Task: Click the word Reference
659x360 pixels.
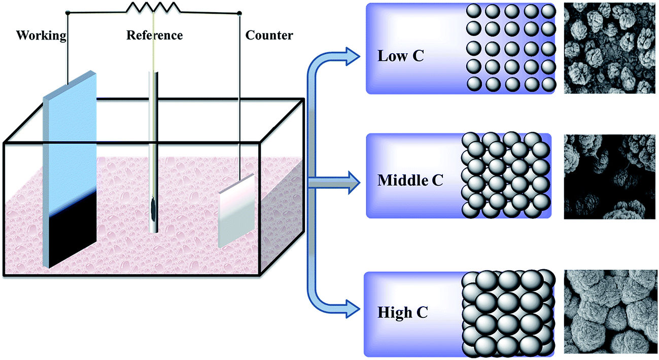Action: pyautogui.click(x=154, y=35)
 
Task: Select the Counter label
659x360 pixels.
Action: pyautogui.click(x=269, y=35)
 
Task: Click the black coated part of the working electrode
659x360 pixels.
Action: pyautogui.click(x=70, y=228)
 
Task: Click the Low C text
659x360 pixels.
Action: pyautogui.click(x=400, y=56)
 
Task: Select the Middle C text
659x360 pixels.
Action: pyautogui.click(x=410, y=179)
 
